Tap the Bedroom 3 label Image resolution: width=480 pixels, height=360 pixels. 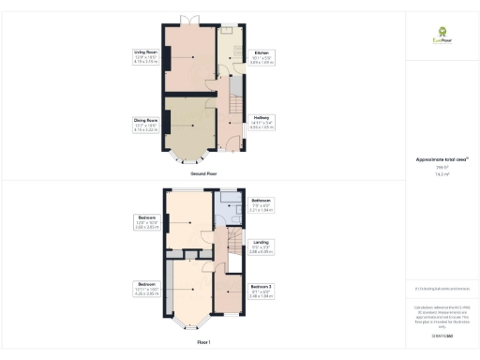[x=262, y=286]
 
